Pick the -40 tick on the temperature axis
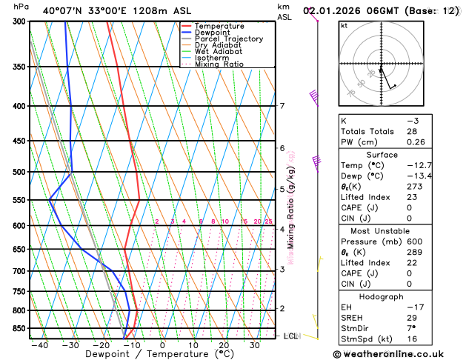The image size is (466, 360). [39, 344]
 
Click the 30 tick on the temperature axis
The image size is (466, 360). [254, 344]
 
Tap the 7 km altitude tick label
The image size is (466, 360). [282, 106]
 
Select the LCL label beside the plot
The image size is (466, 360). [291, 336]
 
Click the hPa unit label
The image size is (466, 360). [21, 6]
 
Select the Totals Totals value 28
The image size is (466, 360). [412, 131]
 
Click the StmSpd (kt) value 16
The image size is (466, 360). [412, 340]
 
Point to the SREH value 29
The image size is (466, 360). [412, 318]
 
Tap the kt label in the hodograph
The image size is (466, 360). [344, 25]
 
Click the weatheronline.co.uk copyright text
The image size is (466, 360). [399, 354]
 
